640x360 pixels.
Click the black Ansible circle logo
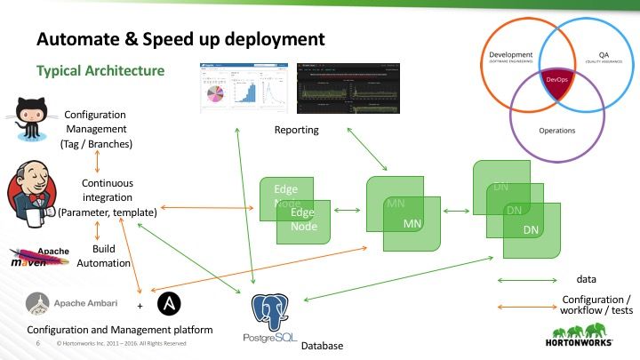click(170, 305)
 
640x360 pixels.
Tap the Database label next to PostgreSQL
click(322, 344)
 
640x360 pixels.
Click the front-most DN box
click(532, 229)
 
